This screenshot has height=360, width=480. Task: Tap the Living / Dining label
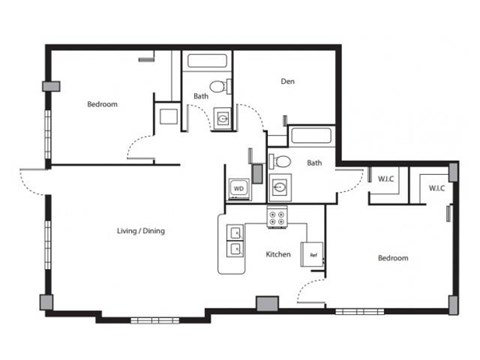140,231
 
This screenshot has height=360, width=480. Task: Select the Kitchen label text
278,255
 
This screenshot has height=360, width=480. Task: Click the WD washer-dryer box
239,187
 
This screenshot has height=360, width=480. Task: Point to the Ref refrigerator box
313,255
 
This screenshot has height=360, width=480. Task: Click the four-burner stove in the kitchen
278,216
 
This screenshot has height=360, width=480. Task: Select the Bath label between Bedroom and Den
200,97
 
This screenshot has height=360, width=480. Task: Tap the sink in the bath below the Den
279,186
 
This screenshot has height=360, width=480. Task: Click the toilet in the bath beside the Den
221,86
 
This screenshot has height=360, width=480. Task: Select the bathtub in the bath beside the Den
207,60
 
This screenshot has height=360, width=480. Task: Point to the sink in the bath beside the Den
221,119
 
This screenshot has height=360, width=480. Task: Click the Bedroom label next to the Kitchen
392,258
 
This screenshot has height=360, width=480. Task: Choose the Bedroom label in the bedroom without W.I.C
102,104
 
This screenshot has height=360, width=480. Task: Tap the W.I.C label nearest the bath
386,179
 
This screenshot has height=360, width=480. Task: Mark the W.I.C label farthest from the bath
436,188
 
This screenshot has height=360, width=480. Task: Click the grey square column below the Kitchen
267,304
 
